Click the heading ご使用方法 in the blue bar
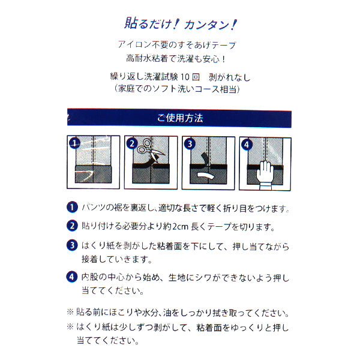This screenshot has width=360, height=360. [180, 118]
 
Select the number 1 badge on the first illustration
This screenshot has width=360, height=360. [74, 143]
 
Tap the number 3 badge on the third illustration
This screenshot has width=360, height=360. [190, 144]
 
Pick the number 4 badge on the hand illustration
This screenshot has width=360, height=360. [246, 144]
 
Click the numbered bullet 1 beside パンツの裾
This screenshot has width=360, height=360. [73, 208]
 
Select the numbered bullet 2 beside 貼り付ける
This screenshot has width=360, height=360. [73, 226]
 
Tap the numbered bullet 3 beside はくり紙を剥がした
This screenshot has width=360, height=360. [73, 245]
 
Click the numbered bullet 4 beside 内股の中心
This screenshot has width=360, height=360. [73, 277]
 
